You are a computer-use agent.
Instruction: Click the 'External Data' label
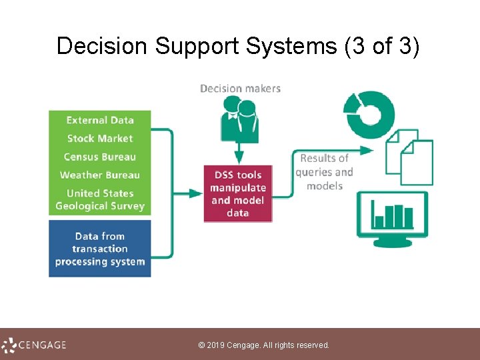pyautogui.click(x=100, y=121)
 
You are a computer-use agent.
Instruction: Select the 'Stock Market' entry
pyautogui.click(x=100, y=139)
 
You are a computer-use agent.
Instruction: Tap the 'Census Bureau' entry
pyautogui.click(x=100, y=157)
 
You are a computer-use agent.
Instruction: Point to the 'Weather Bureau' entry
pyautogui.click(x=100, y=175)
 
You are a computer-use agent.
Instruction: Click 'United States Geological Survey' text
pyautogui.click(x=100, y=200)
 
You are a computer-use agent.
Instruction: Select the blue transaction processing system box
pyautogui.click(x=100, y=249)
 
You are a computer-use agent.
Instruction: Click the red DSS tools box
pyautogui.click(x=238, y=194)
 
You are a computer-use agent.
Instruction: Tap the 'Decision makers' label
pyautogui.click(x=240, y=89)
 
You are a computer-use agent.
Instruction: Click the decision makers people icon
pyautogui.click(x=239, y=118)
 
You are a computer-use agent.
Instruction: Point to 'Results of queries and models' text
pyautogui.click(x=324, y=172)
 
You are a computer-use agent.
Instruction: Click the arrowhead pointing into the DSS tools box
pyautogui.click(x=197, y=193)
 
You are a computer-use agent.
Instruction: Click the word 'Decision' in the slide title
pyautogui.click(x=102, y=47)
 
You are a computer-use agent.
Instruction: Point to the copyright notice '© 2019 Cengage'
pyautogui.click(x=264, y=345)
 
